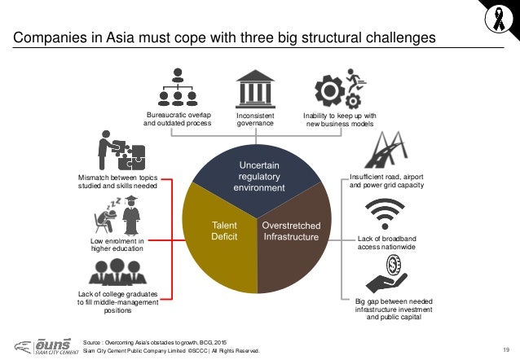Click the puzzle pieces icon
[x=120, y=151]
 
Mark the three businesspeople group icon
[x=117, y=272]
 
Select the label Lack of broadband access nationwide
[x=386, y=243]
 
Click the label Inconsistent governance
[x=256, y=121]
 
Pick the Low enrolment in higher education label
[x=117, y=246]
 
